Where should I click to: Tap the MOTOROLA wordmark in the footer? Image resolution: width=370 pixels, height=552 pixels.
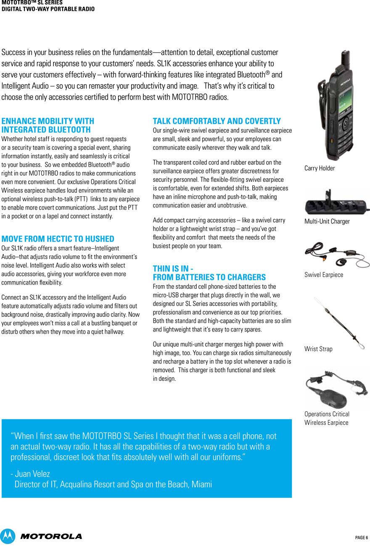pyautogui.click(x=51, y=536)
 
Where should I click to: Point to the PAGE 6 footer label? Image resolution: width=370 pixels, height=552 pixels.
pyautogui.click(x=361, y=538)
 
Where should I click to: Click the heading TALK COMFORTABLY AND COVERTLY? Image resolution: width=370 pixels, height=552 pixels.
pyautogui.click(x=217, y=122)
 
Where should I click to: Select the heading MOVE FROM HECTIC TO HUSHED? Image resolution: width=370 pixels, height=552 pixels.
pyautogui.click(x=58, y=239)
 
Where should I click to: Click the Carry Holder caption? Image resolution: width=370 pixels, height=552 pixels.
pyautogui.click(x=320, y=168)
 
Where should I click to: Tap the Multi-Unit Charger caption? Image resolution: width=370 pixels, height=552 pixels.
pyautogui.click(x=327, y=221)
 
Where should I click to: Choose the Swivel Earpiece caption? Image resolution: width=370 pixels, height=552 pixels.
pyautogui.click(x=323, y=275)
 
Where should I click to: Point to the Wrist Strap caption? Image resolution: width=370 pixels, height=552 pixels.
pyautogui.click(x=318, y=349)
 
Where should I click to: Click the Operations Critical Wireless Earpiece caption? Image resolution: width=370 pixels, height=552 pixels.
pyautogui.click(x=327, y=418)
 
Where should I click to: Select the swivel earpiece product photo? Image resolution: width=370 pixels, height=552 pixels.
pyautogui.click(x=336, y=255)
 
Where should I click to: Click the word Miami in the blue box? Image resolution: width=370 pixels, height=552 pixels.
pyautogui.click(x=201, y=484)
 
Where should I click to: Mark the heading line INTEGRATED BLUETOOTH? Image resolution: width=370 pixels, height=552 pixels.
pyautogui.click(x=46, y=130)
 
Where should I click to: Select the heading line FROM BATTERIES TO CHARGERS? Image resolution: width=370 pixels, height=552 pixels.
pyautogui.click(x=209, y=277)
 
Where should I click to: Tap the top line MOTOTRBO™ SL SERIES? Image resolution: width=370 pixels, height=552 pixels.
pyautogui.click(x=32, y=3)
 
